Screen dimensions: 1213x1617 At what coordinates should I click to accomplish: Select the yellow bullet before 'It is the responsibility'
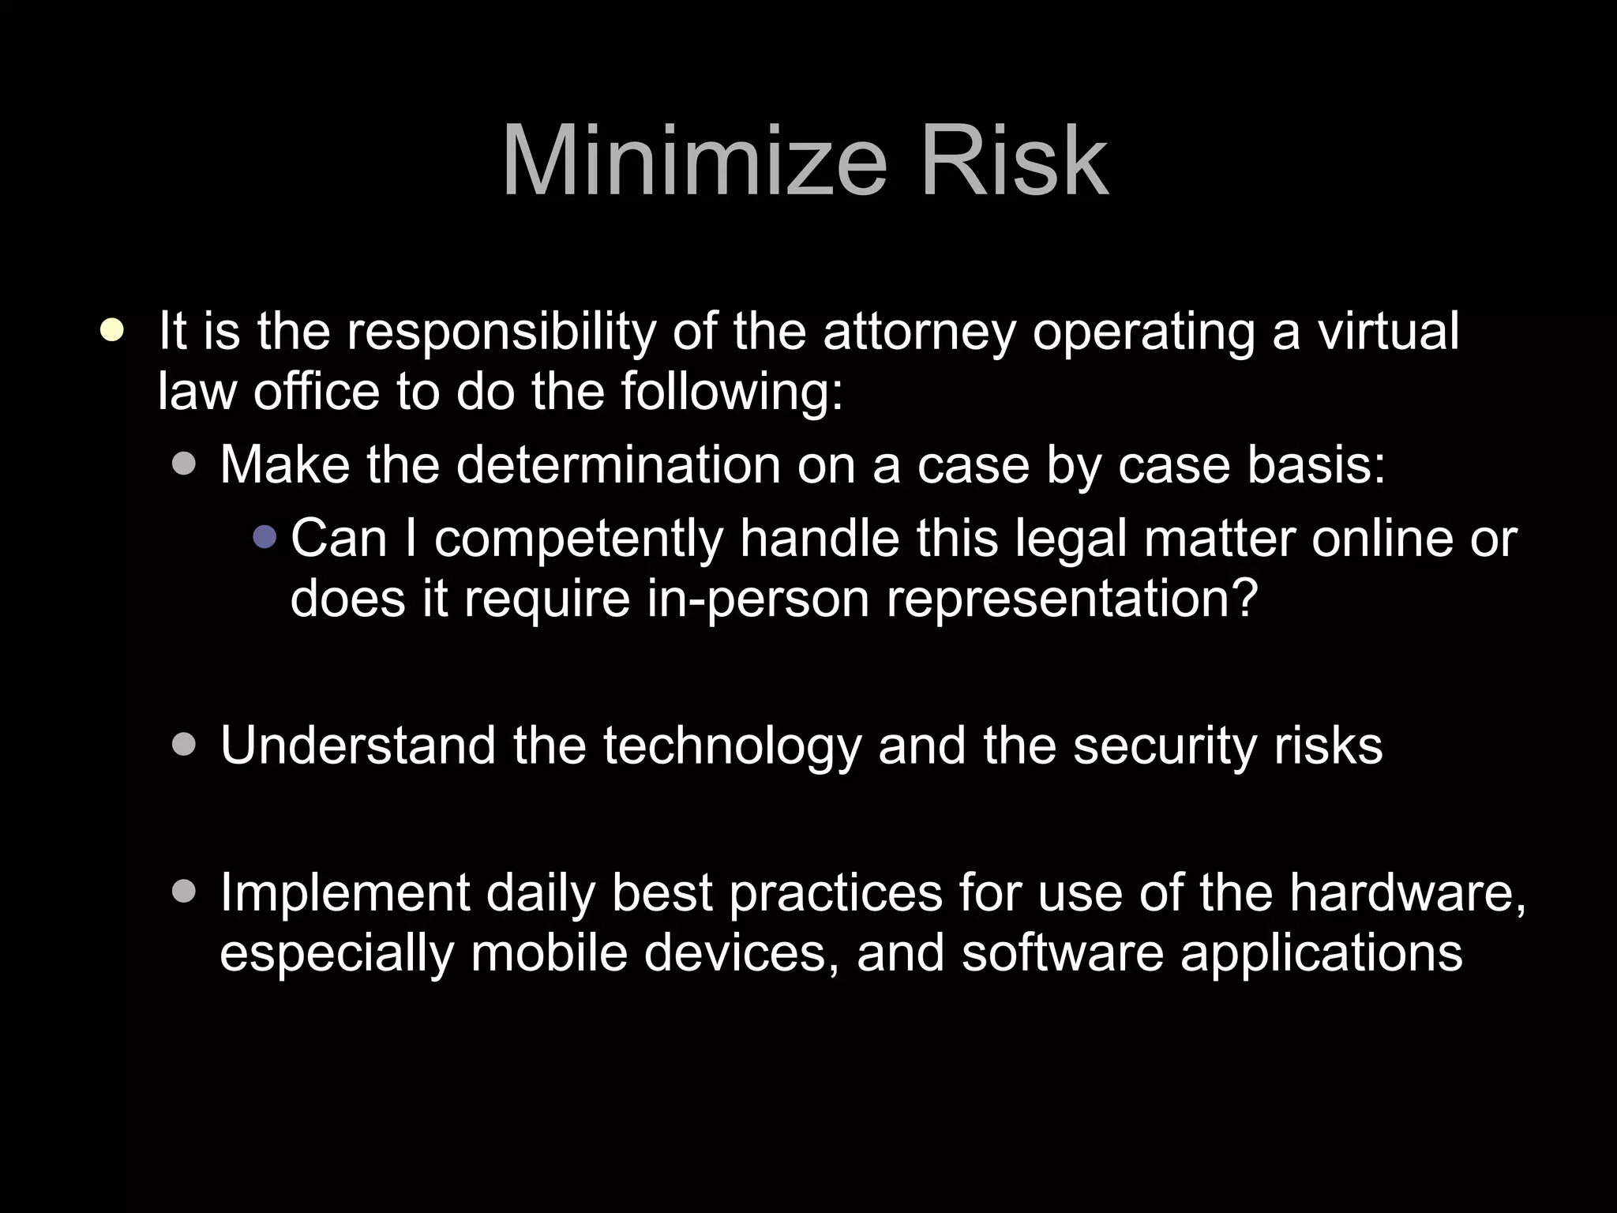pyautogui.click(x=112, y=329)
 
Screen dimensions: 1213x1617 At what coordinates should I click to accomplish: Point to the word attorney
pyautogui.click(x=919, y=332)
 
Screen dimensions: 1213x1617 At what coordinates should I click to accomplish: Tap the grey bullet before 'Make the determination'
pyautogui.click(x=183, y=464)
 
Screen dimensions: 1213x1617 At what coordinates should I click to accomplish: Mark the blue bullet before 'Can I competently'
pyautogui.click(x=265, y=537)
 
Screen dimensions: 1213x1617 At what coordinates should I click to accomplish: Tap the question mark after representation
pyautogui.click(x=1244, y=598)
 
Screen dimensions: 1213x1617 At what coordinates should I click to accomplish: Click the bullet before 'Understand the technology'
pyautogui.click(x=183, y=745)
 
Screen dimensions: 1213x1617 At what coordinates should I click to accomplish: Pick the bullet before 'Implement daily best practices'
pyautogui.click(x=183, y=892)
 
